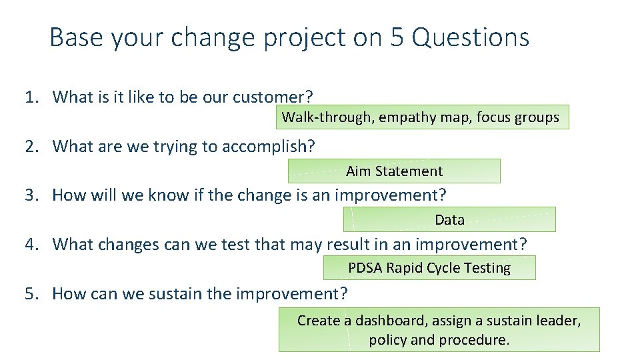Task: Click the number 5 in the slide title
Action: tap(397, 37)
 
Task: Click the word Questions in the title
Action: tap(471, 37)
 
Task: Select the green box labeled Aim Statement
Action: tap(394, 171)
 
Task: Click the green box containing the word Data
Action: tap(449, 219)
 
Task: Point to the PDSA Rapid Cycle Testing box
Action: tap(429, 268)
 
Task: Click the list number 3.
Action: tap(30, 195)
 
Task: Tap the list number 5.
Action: tap(30, 293)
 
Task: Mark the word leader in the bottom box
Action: tap(559, 321)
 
